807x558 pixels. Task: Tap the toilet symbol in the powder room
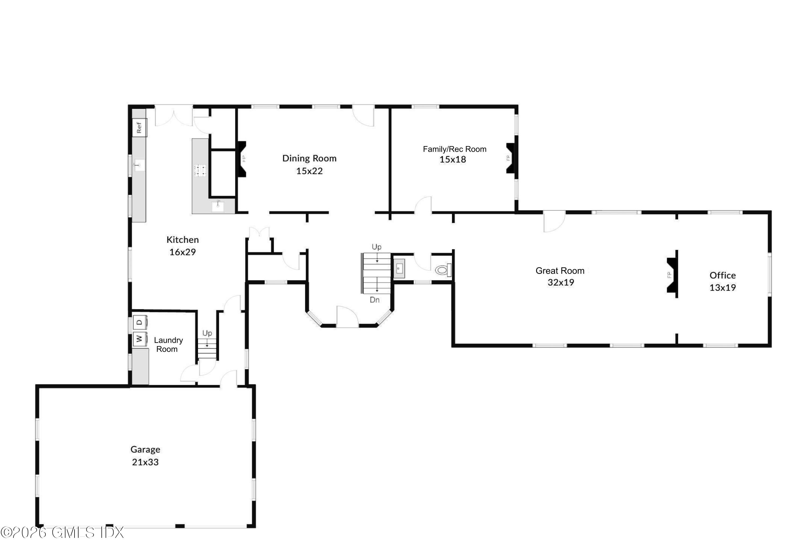pyautogui.click(x=443, y=270)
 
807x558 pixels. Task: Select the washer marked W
pyautogui.click(x=140, y=338)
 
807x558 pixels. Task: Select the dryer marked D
pyautogui.click(x=140, y=322)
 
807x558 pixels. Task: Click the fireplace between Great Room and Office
pyautogui.click(x=672, y=274)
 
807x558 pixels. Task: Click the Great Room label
pyautogui.click(x=560, y=271)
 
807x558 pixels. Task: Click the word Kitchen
pyautogui.click(x=182, y=239)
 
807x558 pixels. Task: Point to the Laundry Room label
pyautogui.click(x=168, y=344)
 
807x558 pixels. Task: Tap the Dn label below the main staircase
pyautogui.click(x=374, y=300)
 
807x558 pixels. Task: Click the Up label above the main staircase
pyautogui.click(x=376, y=247)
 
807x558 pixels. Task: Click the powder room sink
pyautogui.click(x=399, y=269)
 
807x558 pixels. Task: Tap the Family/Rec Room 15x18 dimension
pyautogui.click(x=453, y=159)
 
